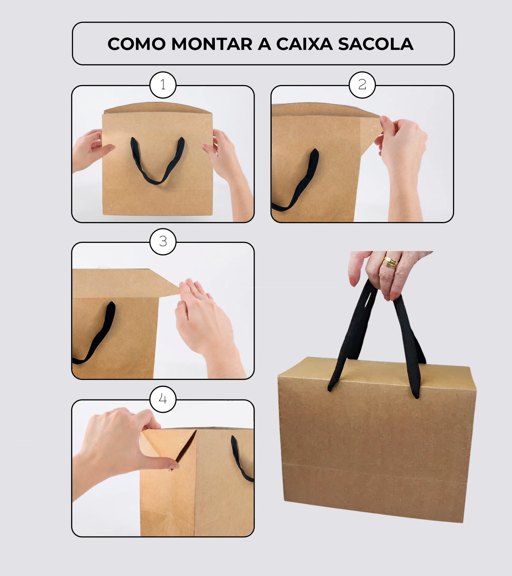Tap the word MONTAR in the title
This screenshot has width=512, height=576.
click(212, 44)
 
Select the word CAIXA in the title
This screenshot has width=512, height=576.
click(305, 44)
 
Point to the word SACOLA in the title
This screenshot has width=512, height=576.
click(375, 44)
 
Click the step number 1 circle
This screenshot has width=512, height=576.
click(163, 85)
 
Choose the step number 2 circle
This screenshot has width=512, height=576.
click(362, 85)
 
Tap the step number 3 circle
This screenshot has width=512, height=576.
click(163, 242)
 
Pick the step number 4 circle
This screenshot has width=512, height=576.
click(163, 399)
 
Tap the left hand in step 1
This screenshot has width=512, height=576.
click(91, 151)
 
